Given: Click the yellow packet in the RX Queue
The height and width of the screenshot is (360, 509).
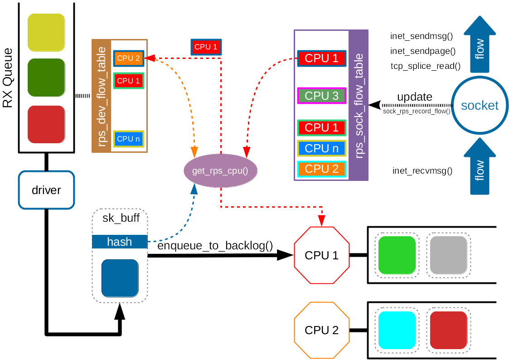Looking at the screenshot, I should pos(46,32).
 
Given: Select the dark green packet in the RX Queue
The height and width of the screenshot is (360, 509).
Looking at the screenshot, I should pos(46,78).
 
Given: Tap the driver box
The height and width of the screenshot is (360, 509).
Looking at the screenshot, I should pos(46,190).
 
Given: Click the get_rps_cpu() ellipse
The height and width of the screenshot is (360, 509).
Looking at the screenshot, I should pos(220,171).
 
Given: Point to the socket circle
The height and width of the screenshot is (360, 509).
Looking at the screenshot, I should pos(480,106).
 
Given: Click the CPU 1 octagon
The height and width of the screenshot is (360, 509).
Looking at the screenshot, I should pos(321,255).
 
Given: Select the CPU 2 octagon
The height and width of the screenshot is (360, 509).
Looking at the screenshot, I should pos(321,330).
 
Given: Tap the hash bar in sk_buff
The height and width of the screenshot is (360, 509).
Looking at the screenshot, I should pos(120,242).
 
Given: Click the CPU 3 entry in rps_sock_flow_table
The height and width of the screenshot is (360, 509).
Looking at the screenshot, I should pos(321,96).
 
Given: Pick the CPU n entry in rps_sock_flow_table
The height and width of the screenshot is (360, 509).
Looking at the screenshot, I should pos(321,148).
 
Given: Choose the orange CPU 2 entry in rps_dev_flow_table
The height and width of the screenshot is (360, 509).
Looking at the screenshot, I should pos(128,58).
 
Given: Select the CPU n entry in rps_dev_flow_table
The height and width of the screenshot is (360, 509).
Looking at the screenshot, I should pos(128,139).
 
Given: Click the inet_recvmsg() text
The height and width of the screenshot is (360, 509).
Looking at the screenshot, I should pos(422,170).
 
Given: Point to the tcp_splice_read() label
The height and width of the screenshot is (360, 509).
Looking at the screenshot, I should pos(425,66).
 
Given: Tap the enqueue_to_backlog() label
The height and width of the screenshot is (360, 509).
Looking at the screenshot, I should pos(215,246).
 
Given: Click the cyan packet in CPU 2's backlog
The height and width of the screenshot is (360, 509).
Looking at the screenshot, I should pos(397,330).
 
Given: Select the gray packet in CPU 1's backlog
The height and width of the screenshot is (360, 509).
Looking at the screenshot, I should pos(448,255).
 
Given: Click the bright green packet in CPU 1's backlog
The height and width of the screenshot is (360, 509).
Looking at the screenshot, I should pos(397,255).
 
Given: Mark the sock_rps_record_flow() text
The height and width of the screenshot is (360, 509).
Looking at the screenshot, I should pos(417,111).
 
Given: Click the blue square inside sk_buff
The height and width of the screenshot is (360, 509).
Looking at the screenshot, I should pos(120,278).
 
